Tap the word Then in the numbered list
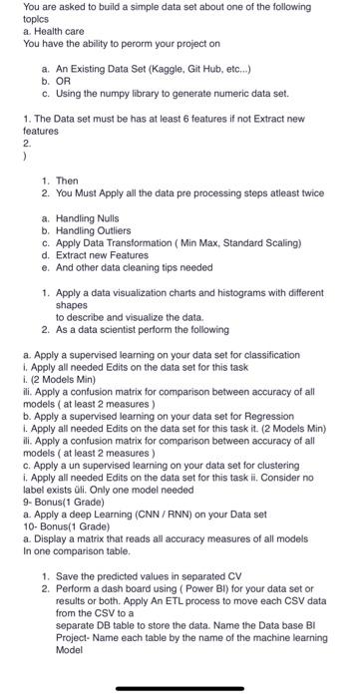point(67,179)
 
